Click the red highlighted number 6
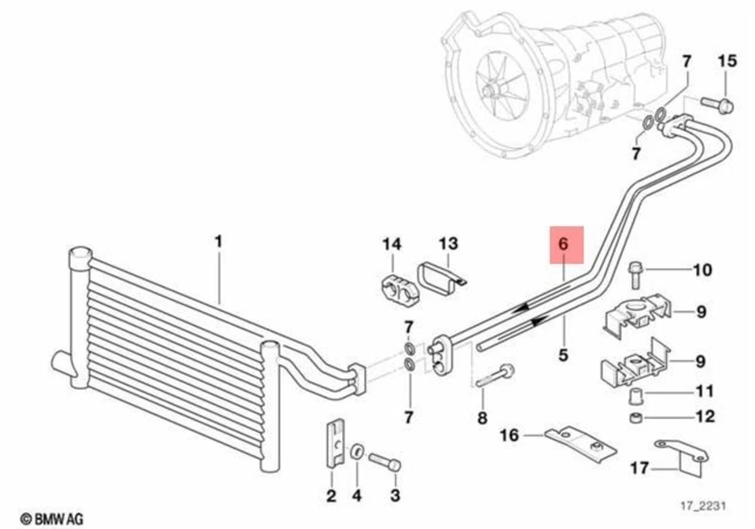563,244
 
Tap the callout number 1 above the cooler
219,241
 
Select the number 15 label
727,61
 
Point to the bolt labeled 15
716,102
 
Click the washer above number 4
355,450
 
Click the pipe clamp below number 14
396,287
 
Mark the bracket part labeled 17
681,455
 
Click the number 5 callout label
563,355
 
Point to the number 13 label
447,244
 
